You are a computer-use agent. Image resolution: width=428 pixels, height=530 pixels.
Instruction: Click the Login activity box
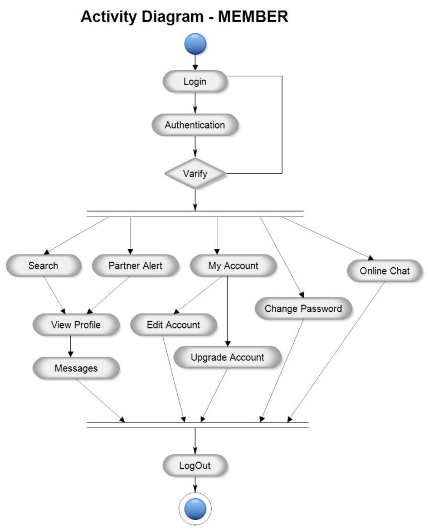click(194, 82)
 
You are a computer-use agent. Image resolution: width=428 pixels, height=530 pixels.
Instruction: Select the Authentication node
click(194, 125)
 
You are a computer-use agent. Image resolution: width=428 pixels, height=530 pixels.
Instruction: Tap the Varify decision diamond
click(195, 174)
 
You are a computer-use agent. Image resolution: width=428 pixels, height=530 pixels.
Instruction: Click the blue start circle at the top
click(195, 44)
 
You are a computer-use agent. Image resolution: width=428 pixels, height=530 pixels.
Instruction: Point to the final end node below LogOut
click(195, 509)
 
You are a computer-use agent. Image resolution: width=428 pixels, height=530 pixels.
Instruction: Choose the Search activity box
click(43, 266)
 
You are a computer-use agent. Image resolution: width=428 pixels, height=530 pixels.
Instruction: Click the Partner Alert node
click(135, 266)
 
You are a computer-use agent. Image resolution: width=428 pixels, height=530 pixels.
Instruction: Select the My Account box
click(233, 266)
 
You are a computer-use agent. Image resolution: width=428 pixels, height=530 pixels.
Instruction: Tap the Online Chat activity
click(384, 271)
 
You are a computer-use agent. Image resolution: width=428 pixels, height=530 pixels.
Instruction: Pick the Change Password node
click(303, 308)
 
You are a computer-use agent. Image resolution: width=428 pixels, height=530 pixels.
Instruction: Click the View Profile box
click(76, 325)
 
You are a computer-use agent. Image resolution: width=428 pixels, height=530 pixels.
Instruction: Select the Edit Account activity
click(173, 325)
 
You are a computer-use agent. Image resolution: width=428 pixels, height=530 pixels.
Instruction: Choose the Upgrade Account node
click(227, 357)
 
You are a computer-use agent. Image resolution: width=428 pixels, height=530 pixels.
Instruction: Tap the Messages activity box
click(76, 368)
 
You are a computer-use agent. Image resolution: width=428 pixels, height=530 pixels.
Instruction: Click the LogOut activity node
click(194, 465)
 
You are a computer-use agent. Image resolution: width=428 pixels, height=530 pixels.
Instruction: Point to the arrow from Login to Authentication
click(195, 103)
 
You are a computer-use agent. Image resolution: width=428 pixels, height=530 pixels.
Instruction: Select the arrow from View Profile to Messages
click(70, 346)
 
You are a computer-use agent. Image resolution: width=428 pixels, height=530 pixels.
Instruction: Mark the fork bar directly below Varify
click(195, 214)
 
